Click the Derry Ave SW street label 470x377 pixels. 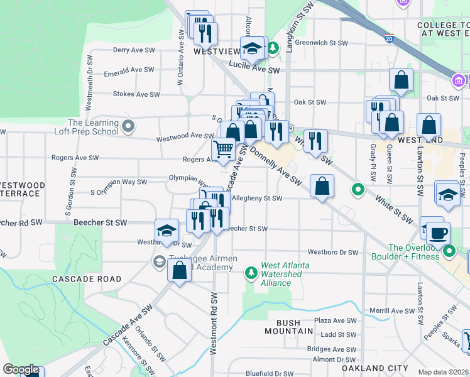coord(134,50)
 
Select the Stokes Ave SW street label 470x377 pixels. coord(136,94)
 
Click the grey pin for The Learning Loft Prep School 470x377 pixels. coord(128,127)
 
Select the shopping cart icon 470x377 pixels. coord(223,150)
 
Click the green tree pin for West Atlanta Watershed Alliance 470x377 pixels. coord(251,272)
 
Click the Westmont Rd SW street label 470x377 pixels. coord(214,324)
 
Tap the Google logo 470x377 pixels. coord(21,369)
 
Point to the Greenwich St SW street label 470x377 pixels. coord(321,43)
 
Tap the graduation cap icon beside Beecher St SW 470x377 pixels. coord(166,231)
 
